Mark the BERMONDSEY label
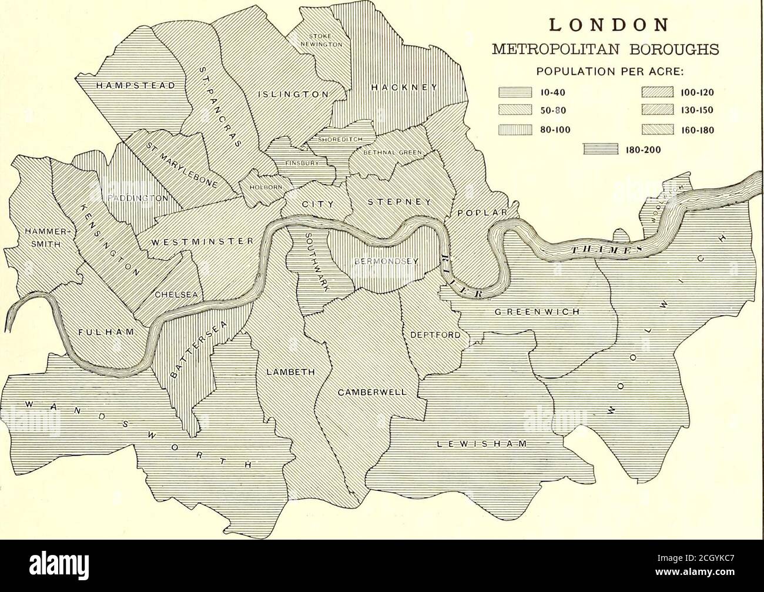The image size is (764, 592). point(381,261)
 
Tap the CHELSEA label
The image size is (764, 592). point(175,295)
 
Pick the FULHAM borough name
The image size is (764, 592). point(106,332)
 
